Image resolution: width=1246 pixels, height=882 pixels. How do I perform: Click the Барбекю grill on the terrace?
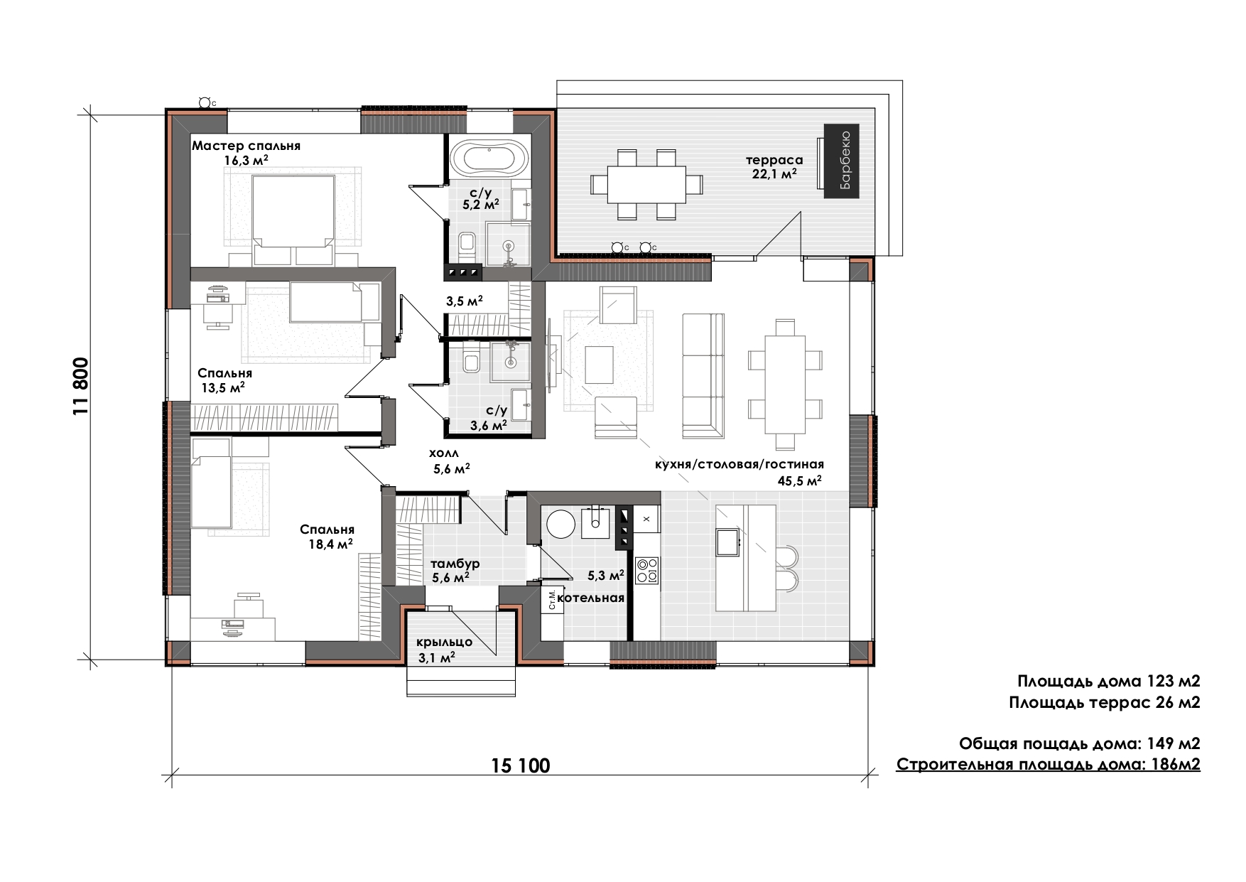click(x=842, y=161)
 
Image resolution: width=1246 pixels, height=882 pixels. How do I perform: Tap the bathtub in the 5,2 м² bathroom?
click(x=490, y=157)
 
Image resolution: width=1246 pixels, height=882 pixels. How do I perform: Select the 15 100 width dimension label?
click(x=521, y=765)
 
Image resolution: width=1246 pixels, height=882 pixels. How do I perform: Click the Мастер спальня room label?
click(x=247, y=146)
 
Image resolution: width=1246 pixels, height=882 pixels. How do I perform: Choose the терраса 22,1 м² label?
click(x=774, y=166)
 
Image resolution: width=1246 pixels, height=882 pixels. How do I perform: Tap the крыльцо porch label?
click(x=445, y=642)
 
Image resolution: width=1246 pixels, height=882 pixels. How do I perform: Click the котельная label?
click(x=590, y=598)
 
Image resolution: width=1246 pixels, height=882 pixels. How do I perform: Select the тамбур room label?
click(x=455, y=564)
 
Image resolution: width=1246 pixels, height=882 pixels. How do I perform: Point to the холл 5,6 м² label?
click(x=448, y=461)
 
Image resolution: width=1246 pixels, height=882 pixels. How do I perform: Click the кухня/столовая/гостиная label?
click(x=740, y=464)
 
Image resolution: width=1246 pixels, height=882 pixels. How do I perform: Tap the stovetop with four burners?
click(x=647, y=570)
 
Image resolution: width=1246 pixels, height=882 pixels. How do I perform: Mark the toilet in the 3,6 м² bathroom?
click(x=470, y=363)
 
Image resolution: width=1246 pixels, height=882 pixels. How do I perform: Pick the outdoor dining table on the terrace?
click(x=646, y=184)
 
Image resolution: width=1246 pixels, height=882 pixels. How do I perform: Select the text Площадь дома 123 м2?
click(x=1109, y=682)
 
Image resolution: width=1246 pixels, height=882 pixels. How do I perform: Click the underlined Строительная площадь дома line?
click(x=1049, y=765)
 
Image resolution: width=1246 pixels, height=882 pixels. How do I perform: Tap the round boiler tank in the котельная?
click(x=560, y=525)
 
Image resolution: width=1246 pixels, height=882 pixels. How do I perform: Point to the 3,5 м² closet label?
click(x=465, y=301)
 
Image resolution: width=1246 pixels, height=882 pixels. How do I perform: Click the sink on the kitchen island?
click(x=727, y=542)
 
